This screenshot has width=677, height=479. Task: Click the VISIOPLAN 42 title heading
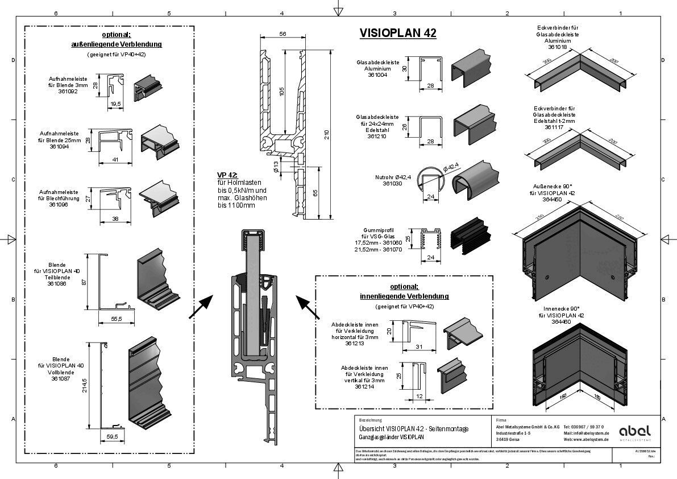click(x=398, y=34)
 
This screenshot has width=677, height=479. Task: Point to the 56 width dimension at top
click(x=283, y=34)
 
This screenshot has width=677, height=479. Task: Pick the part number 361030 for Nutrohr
click(x=393, y=184)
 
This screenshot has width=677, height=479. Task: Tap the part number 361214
click(x=364, y=386)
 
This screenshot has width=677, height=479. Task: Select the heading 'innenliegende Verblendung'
click(x=404, y=296)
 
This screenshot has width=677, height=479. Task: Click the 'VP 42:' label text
click(x=227, y=175)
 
